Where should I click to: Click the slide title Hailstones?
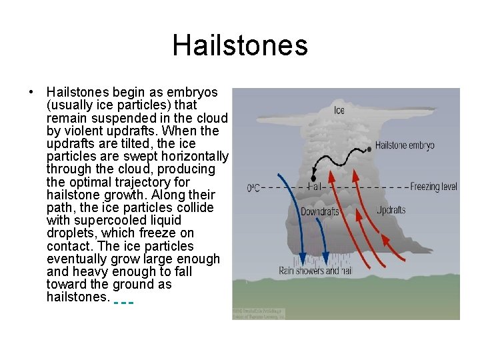pyautogui.click(x=240, y=45)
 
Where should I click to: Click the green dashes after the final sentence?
pyautogui.click(x=124, y=302)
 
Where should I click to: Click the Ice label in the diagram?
pyautogui.click(x=339, y=110)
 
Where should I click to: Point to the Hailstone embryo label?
pyautogui.click(x=405, y=145)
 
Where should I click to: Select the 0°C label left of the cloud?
pyautogui.click(x=253, y=188)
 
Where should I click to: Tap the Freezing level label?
pyautogui.click(x=434, y=187)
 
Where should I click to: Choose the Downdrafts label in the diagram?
pyautogui.click(x=319, y=212)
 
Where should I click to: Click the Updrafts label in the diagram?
pyautogui.click(x=391, y=210)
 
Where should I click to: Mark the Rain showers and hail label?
pyautogui.click(x=315, y=271)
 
